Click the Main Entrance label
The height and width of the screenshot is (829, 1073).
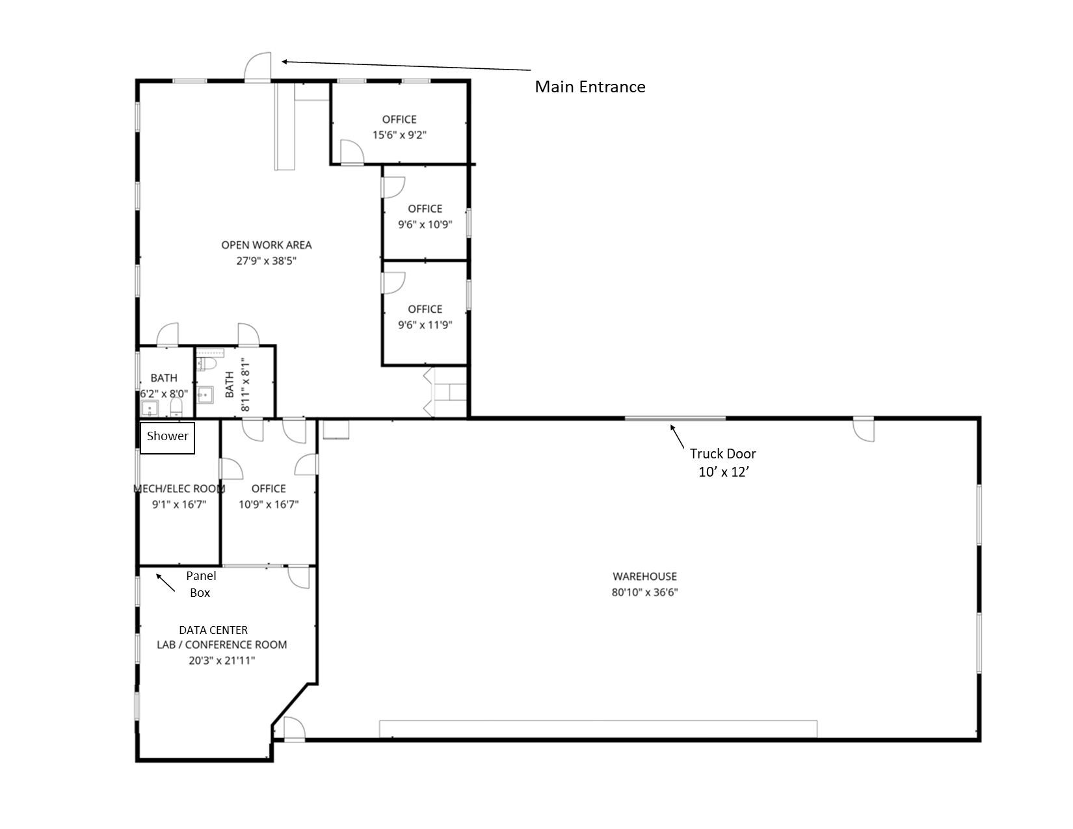click(590, 87)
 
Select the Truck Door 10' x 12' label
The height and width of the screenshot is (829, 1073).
click(723, 463)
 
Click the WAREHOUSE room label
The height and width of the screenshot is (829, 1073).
click(644, 576)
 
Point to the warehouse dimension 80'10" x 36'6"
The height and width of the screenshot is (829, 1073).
click(644, 592)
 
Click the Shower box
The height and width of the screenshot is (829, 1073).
click(167, 438)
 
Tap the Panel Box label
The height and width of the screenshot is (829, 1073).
click(200, 584)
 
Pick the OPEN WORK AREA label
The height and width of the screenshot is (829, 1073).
click(266, 245)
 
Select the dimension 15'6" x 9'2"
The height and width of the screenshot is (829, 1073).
click(399, 135)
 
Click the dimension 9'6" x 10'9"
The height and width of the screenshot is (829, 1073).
click(425, 225)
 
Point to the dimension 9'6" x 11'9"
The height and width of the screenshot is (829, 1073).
click(425, 325)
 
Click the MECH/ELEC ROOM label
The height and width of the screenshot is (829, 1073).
click(179, 489)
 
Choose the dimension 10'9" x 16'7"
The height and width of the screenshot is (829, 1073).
click(269, 505)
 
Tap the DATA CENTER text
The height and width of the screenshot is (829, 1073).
click(213, 630)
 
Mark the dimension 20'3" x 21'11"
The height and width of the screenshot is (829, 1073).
click(222, 661)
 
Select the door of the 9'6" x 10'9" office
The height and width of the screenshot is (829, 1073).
click(393, 187)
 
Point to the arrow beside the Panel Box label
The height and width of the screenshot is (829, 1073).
click(165, 582)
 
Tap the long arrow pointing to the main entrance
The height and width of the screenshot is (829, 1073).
click(406, 66)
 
